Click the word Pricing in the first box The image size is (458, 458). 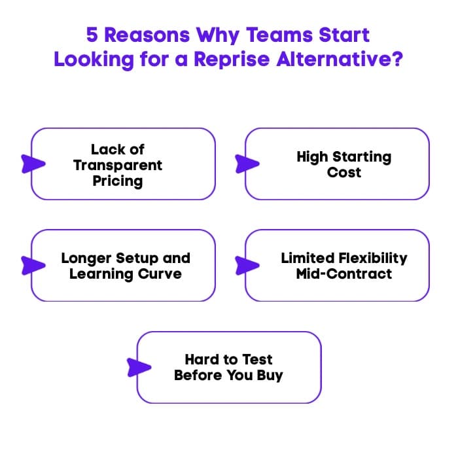tap(118, 181)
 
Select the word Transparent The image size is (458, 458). tap(118, 165)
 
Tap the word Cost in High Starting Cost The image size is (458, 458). tap(344, 173)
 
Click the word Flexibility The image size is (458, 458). tap(369, 258)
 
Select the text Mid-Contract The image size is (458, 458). tap(344, 273)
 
